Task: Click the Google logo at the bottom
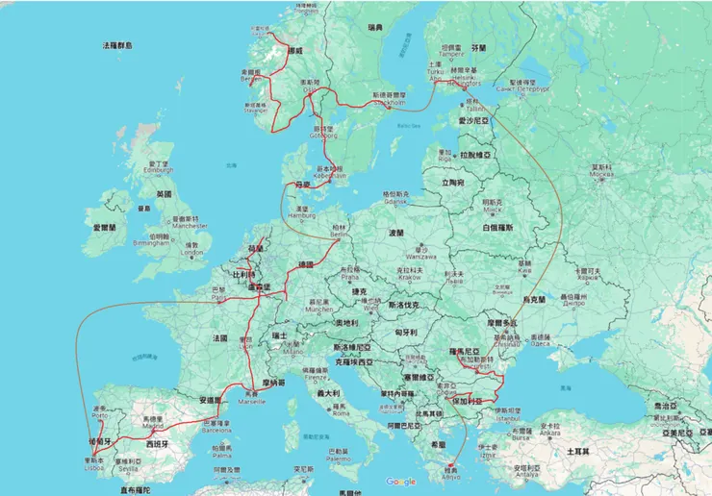400,482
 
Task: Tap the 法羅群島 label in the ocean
117,45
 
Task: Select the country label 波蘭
396,233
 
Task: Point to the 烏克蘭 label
533,299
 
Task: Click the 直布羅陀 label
137,489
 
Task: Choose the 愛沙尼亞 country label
473,122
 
